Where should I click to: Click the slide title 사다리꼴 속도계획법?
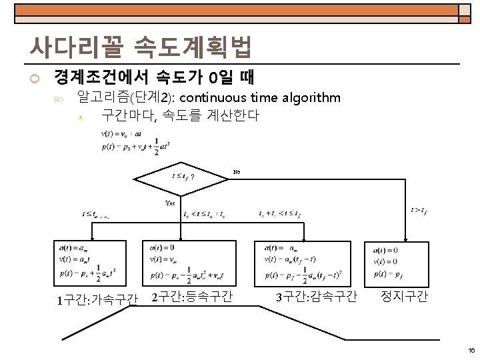(x=140, y=46)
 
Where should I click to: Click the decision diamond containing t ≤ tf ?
(x=181, y=178)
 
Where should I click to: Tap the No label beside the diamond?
(x=236, y=173)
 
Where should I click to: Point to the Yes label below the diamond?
(x=171, y=203)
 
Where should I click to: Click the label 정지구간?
(x=404, y=296)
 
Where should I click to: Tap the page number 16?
(x=471, y=349)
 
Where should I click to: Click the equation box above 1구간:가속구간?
(x=97, y=262)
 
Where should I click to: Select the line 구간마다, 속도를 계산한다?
(x=180, y=115)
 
